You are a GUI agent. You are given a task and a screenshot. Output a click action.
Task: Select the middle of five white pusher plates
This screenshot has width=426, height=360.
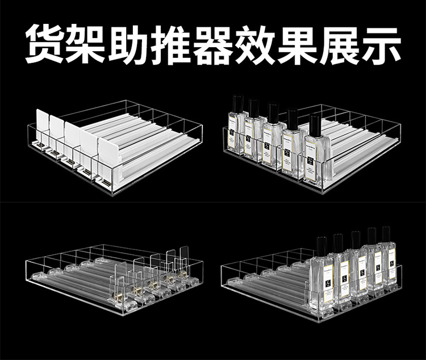72,137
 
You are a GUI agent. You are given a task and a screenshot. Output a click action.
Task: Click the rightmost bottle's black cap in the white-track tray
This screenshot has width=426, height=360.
315,125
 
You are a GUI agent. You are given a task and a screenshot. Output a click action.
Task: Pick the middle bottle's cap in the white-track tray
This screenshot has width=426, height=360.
274,113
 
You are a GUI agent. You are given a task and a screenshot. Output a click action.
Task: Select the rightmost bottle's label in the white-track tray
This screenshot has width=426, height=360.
311,162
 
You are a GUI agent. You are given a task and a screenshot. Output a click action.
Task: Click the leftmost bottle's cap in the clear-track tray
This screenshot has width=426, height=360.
322,245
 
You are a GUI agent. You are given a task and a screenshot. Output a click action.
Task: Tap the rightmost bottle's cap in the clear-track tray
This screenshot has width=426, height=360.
386,234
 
